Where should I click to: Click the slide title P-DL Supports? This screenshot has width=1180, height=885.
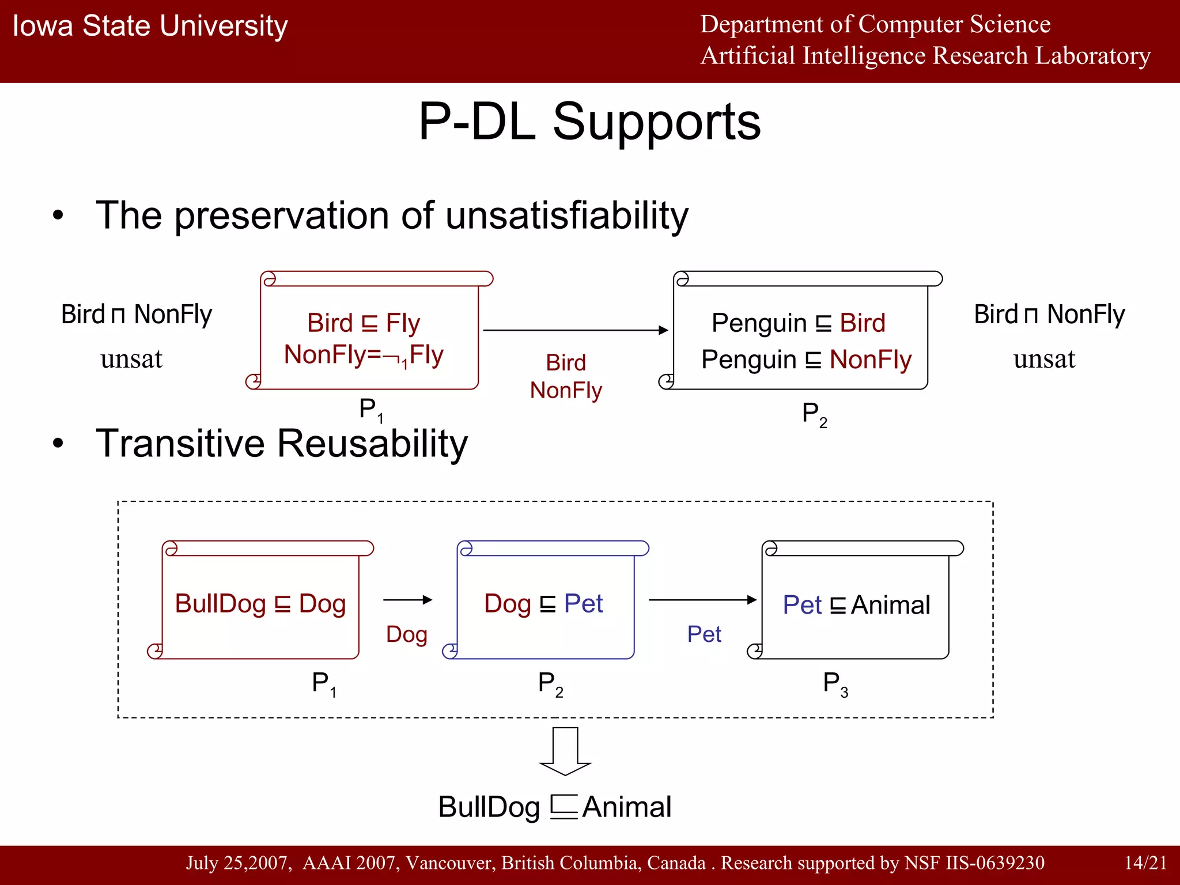click(x=589, y=122)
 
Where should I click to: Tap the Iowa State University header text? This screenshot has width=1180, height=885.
click(x=150, y=27)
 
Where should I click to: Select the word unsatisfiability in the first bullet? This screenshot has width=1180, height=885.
click(x=567, y=215)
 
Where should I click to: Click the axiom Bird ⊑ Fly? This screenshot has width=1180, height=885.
click(x=363, y=323)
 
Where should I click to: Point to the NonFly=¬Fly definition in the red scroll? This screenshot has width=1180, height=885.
click(x=363, y=355)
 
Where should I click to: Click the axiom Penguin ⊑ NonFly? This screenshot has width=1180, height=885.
click(x=805, y=360)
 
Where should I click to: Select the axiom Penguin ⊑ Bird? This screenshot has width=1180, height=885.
click(x=798, y=323)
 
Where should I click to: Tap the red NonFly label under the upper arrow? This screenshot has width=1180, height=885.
click(x=566, y=391)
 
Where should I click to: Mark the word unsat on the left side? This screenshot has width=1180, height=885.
click(x=131, y=359)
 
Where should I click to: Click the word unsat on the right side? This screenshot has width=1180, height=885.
click(x=1044, y=359)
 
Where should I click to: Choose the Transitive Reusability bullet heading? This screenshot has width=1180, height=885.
click(x=281, y=444)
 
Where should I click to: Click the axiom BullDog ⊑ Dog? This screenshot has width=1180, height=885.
click(x=260, y=604)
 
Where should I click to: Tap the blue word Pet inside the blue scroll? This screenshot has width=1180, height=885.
click(x=583, y=604)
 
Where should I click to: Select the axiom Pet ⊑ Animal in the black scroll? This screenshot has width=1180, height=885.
click(x=856, y=605)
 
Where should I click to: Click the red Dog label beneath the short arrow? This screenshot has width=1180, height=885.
click(x=407, y=634)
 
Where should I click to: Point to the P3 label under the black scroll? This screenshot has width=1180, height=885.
click(x=835, y=683)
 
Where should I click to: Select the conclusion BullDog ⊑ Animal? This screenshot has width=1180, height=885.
click(x=554, y=807)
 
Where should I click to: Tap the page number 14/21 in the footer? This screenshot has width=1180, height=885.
click(x=1145, y=863)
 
